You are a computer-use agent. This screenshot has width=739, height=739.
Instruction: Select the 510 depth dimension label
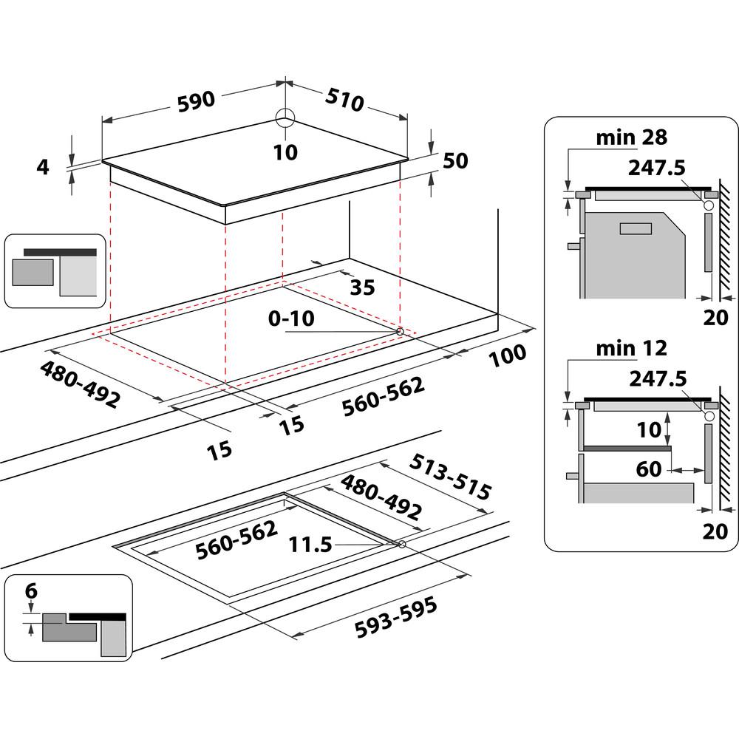tap(341, 100)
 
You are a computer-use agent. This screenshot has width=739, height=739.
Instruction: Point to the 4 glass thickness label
tap(43, 168)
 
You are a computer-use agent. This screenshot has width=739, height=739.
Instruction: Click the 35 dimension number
tap(361, 287)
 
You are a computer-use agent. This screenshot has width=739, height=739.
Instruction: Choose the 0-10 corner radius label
tap(291, 319)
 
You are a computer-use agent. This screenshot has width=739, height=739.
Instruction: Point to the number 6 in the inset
tap(30, 591)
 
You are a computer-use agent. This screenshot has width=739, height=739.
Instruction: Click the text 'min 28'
tap(632, 137)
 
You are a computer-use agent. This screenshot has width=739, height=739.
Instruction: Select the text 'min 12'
tap(632, 347)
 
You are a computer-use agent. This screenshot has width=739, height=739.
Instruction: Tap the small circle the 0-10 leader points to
tap(400, 332)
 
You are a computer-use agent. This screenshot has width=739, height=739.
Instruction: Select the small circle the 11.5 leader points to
tap(401, 545)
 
